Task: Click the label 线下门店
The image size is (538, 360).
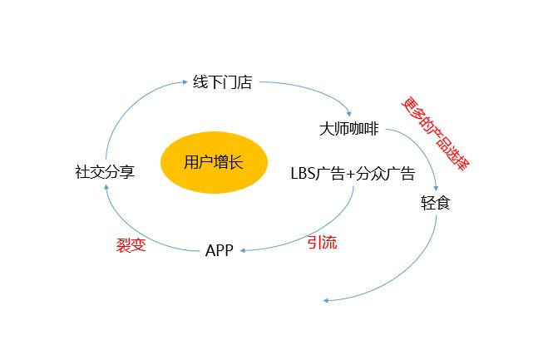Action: tap(222, 82)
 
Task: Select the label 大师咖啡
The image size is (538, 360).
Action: tap(349, 129)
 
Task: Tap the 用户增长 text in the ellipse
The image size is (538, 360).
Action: tap(214, 162)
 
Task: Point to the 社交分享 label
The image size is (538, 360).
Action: tap(105, 171)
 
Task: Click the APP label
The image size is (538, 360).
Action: tap(220, 250)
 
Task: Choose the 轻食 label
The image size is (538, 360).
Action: tap(436, 203)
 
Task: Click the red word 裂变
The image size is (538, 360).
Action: tap(131, 245)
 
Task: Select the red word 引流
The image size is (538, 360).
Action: tap(322, 242)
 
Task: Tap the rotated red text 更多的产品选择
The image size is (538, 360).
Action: tap(436, 134)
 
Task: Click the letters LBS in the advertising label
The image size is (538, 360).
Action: tap(303, 173)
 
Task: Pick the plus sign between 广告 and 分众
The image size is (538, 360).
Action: tap(350, 174)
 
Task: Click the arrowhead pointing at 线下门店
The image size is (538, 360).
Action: tap(185, 82)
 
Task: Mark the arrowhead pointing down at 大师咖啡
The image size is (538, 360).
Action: tap(349, 114)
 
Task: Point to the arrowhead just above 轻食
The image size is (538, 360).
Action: tap(436, 189)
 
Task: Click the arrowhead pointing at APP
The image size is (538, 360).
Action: tap(243, 250)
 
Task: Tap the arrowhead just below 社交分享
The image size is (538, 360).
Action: tap(106, 187)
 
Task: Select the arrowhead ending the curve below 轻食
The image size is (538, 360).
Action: tap(326, 301)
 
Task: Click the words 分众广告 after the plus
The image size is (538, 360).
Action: tap(385, 173)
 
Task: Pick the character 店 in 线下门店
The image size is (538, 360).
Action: tap(245, 82)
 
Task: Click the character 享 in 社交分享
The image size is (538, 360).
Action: tap(127, 171)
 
